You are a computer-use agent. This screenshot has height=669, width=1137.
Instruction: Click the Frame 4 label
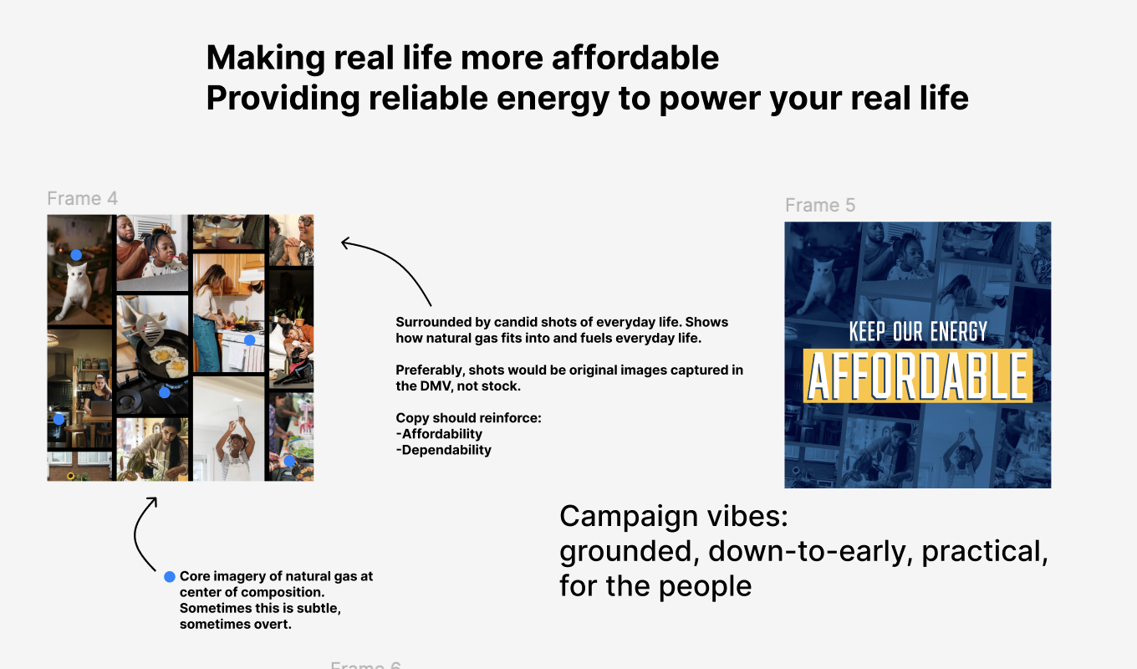click(x=82, y=198)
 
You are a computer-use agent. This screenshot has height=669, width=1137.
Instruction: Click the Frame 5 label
click(x=820, y=205)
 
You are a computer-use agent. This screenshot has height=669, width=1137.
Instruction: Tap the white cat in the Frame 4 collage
click(x=76, y=290)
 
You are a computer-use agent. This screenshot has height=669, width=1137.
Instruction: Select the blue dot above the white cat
click(x=76, y=255)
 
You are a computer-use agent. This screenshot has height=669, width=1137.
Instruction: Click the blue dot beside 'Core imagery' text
click(x=170, y=577)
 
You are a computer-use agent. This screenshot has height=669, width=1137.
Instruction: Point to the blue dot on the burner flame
click(x=165, y=392)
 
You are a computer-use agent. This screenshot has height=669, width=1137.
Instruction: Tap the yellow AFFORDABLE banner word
click(x=918, y=376)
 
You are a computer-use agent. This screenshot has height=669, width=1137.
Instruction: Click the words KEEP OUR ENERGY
click(x=918, y=331)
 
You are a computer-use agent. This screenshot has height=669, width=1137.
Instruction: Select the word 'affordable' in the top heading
click(x=635, y=58)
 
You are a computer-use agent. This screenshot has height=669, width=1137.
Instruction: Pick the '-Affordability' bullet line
click(x=439, y=434)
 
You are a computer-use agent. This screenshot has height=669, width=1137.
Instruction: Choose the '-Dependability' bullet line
click(x=444, y=450)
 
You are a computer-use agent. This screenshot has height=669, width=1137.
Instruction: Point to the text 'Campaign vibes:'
click(x=674, y=516)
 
